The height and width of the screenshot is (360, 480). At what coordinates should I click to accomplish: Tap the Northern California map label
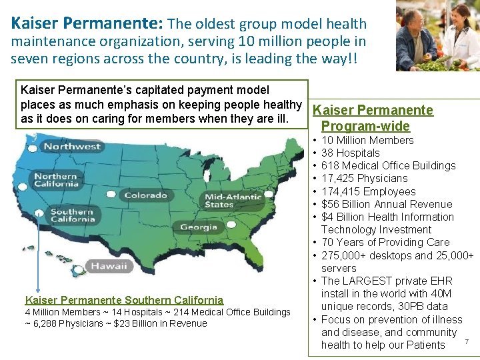(x=56, y=180)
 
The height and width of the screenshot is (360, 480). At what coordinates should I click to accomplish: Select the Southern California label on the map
(x=71, y=215)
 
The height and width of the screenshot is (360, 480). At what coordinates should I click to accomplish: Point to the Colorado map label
(x=145, y=195)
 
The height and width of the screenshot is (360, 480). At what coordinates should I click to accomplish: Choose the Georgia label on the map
(x=198, y=227)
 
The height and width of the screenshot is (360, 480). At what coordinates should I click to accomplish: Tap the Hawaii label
(x=109, y=265)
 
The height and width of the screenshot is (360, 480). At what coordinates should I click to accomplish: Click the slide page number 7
(x=467, y=342)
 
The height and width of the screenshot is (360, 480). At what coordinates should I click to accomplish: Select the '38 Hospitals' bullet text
(x=350, y=153)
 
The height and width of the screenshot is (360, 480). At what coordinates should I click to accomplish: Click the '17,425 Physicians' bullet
(x=364, y=178)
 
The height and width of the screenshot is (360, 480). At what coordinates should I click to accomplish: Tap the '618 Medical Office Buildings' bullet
(x=388, y=165)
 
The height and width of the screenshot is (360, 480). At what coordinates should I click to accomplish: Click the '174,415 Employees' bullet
(x=368, y=191)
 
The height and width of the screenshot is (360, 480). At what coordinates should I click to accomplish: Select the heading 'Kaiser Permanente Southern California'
(x=124, y=300)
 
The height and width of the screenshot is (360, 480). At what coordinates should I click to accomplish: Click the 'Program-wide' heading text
(x=365, y=126)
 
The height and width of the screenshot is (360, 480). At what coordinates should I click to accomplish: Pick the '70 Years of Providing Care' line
(x=385, y=242)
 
